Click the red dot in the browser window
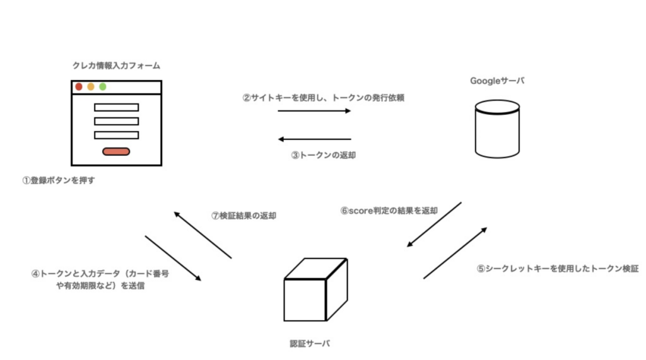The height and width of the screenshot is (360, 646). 79,87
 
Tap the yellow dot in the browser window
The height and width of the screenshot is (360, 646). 91,87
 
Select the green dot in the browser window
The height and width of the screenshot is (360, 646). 103,87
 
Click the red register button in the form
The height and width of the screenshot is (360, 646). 116,151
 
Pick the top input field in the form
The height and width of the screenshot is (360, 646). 116,107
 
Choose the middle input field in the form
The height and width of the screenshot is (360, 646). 116,121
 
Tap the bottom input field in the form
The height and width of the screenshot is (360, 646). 116,135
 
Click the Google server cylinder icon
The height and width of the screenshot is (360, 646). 497,131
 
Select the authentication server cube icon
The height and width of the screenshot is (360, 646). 315,289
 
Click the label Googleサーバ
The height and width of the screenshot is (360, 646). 497,81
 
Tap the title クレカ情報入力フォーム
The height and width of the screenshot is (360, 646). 116,66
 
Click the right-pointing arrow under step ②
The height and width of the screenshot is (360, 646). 314,111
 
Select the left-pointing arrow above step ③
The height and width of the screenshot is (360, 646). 314,139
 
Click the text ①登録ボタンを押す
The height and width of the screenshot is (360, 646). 58,180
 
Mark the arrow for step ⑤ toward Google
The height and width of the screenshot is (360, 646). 455,253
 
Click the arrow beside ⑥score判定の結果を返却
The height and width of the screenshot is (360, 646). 434,224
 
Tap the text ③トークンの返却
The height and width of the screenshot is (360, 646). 323,155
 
